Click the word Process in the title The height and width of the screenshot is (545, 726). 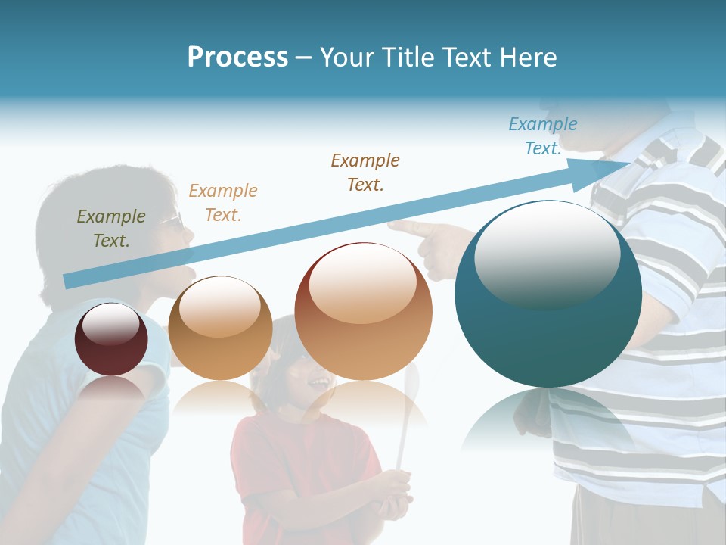[237, 58]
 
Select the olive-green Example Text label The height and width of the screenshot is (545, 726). [111, 229]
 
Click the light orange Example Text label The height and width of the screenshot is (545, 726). [223, 203]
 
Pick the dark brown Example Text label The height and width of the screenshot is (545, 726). [365, 173]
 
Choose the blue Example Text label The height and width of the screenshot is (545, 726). [542, 136]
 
